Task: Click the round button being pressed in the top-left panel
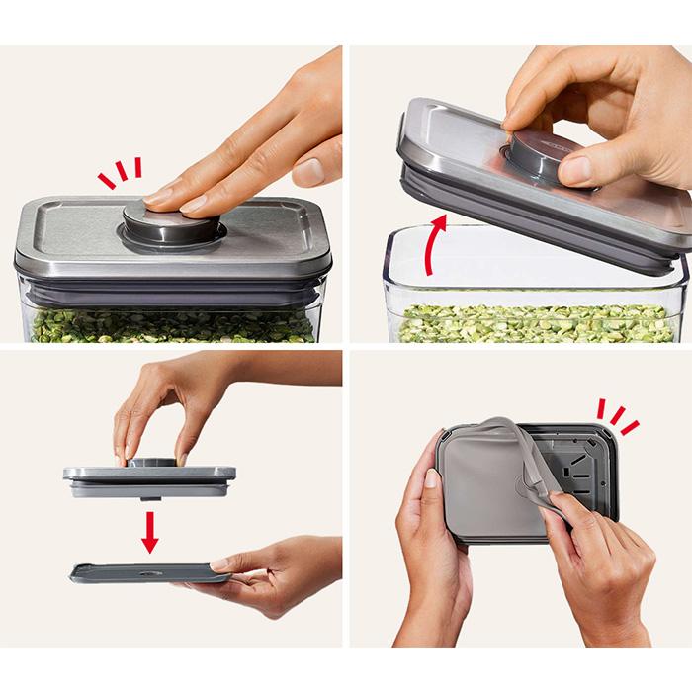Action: click(173, 223)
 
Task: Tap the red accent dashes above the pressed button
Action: click(120, 174)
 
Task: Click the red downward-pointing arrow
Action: click(149, 531)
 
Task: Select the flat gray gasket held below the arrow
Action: click(138, 572)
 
